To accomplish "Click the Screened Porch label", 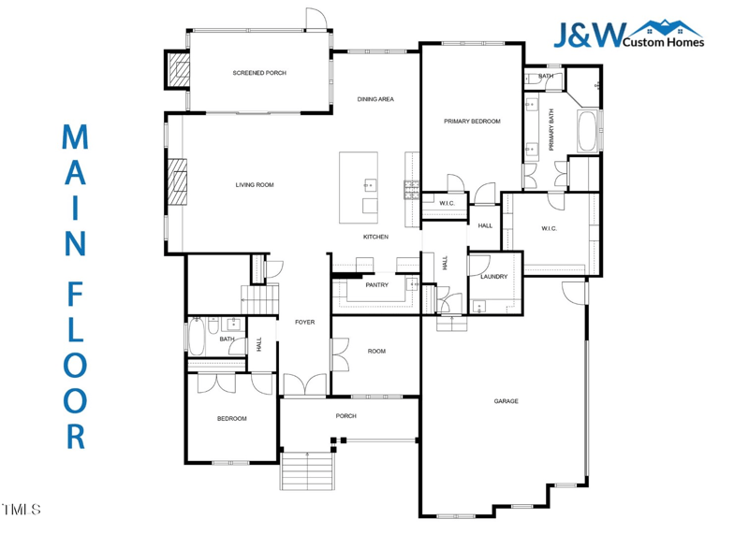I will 259,73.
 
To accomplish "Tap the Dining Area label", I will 375,99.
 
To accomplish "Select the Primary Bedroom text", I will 472,122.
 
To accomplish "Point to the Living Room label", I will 254,185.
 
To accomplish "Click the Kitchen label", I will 375,237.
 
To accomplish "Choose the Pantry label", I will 376,285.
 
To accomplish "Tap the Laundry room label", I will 493,277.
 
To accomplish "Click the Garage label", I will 507,401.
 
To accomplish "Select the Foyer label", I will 304,322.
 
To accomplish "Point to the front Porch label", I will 345,416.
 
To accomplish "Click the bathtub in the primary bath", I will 587,132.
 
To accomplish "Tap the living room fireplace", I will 177,182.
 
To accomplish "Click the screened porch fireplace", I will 177,69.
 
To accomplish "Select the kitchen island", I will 359,187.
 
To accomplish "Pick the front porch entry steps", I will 308,470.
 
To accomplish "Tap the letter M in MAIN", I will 75,139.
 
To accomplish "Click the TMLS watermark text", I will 22,511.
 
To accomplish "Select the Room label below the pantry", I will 376,352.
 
